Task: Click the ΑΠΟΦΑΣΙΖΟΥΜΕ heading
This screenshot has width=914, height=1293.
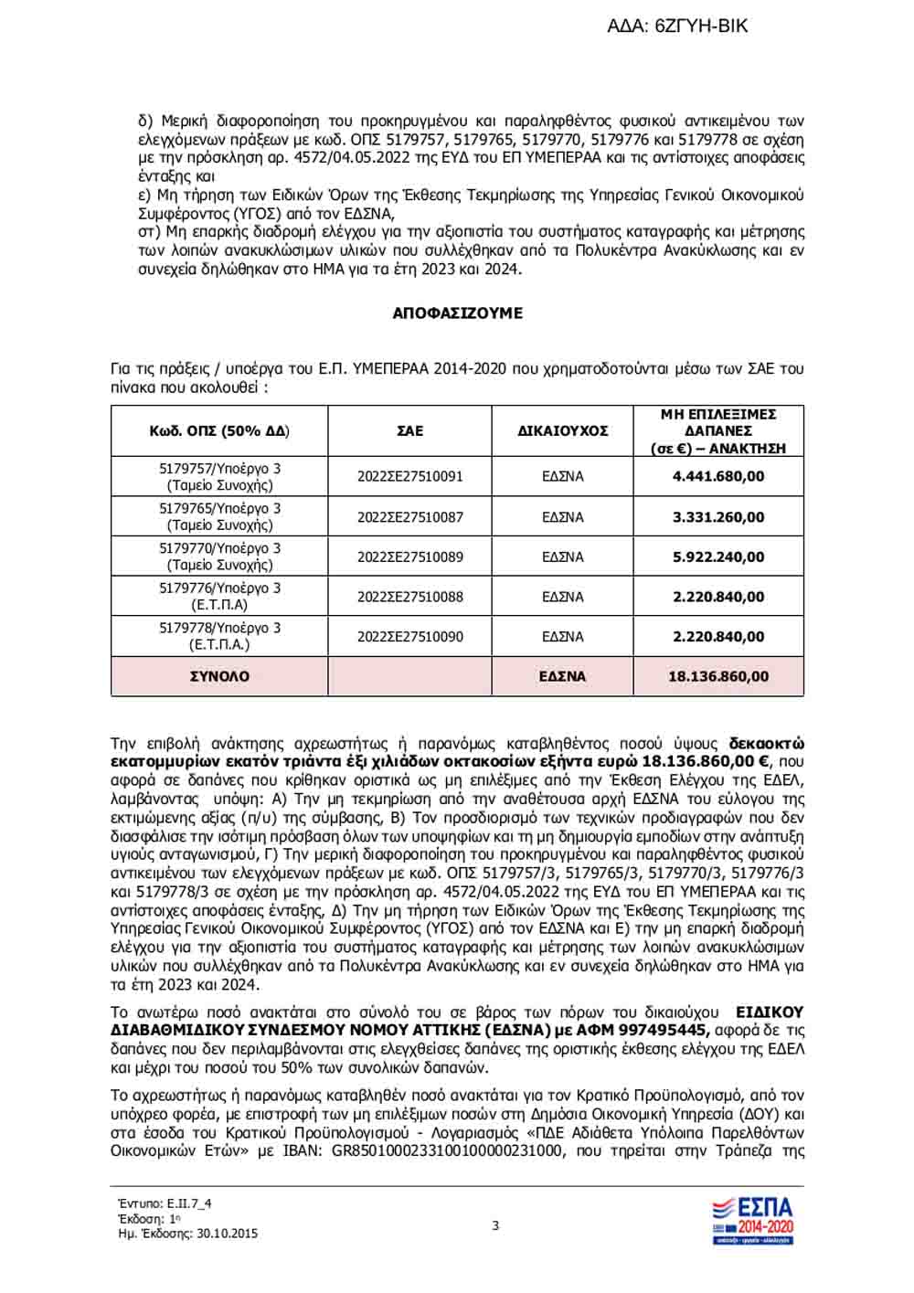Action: (457, 313)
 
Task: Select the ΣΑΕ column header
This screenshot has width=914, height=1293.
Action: (410, 430)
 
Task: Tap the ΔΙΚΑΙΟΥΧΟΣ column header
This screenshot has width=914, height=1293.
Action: (563, 430)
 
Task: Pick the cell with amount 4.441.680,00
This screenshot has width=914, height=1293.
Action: (718, 476)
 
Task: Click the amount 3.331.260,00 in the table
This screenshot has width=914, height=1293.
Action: (718, 517)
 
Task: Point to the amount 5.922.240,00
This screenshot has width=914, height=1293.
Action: (718, 556)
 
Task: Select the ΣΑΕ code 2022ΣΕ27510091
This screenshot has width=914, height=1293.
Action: (410, 476)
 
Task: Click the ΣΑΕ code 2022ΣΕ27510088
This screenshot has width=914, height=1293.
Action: (410, 597)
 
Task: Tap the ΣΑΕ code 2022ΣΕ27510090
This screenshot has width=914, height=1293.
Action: (410, 637)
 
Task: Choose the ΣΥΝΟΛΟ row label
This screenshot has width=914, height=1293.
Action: (219, 677)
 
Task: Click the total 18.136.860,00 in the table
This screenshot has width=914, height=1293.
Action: (718, 677)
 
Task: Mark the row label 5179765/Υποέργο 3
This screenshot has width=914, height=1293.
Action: (219, 509)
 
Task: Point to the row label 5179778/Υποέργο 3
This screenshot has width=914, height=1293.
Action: (219, 629)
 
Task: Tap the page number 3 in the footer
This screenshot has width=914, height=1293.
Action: (495, 1225)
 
